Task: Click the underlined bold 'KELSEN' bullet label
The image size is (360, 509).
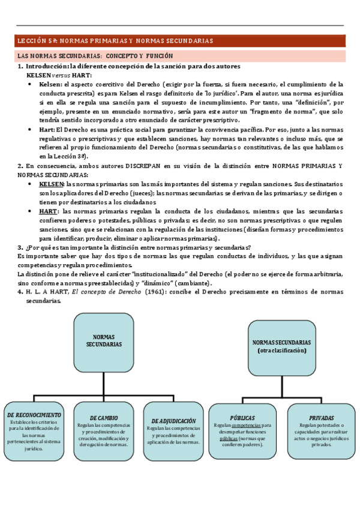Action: (x=52, y=184)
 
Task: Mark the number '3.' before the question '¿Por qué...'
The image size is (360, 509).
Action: (x=20, y=247)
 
